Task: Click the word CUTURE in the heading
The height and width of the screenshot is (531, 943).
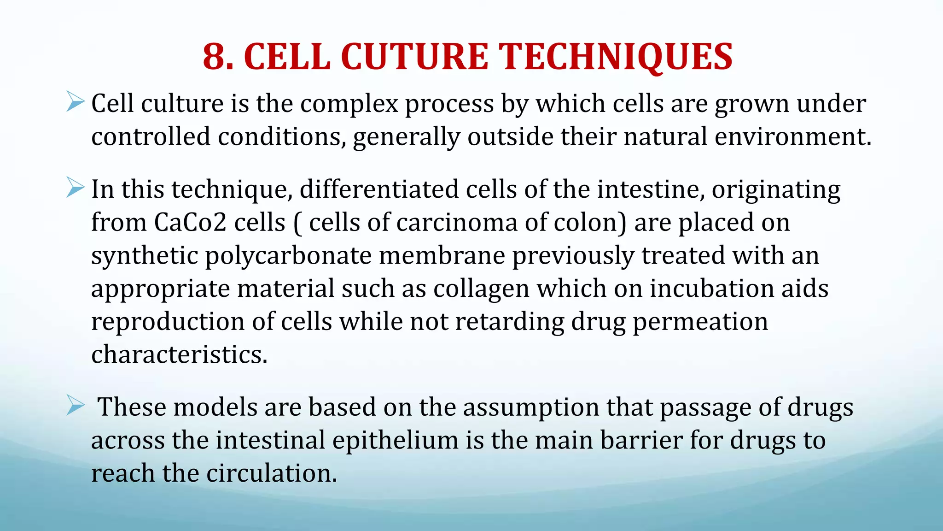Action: click(x=414, y=57)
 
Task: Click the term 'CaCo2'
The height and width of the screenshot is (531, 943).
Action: click(x=190, y=223)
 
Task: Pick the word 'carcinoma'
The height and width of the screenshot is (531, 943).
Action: click(x=457, y=223)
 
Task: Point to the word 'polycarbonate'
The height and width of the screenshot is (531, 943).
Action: click(x=288, y=256)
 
